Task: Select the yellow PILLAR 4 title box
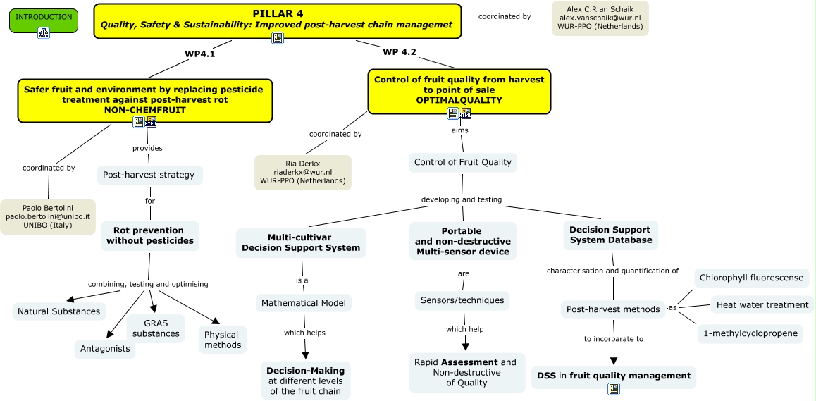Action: (x=278, y=19)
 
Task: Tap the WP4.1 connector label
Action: (x=199, y=53)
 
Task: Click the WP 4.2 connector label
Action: (x=400, y=51)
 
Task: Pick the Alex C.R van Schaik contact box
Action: (x=600, y=18)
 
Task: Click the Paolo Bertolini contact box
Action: (x=48, y=216)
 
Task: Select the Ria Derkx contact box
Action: (x=302, y=172)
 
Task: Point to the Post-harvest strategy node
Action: (x=149, y=175)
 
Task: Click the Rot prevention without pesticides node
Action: (x=149, y=236)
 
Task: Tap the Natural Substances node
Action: (x=59, y=311)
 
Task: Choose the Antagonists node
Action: (x=104, y=349)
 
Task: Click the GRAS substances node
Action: (x=156, y=328)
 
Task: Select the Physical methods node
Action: (x=223, y=340)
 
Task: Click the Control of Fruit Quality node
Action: (x=462, y=162)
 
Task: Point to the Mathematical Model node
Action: (x=303, y=303)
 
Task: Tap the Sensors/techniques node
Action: (x=462, y=300)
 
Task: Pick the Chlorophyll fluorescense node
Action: (x=751, y=278)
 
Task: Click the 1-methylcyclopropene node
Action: (x=750, y=333)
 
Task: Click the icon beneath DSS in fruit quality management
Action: (x=614, y=388)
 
